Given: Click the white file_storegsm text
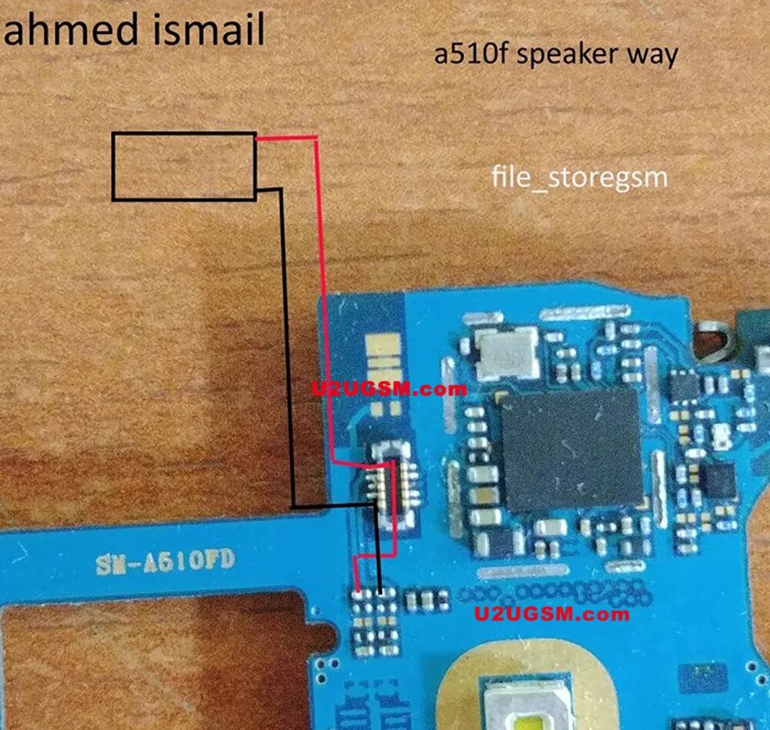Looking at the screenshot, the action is [579, 178].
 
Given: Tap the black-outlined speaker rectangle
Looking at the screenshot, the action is [184, 167].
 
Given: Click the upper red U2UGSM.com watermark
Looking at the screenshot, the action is [389, 389].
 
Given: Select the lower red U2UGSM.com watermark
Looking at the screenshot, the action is [551, 614].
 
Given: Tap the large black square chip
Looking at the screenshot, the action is [571, 449].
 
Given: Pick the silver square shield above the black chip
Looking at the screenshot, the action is [507, 353].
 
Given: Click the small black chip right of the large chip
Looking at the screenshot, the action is [718, 480].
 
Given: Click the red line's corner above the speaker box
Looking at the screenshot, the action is [316, 139].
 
